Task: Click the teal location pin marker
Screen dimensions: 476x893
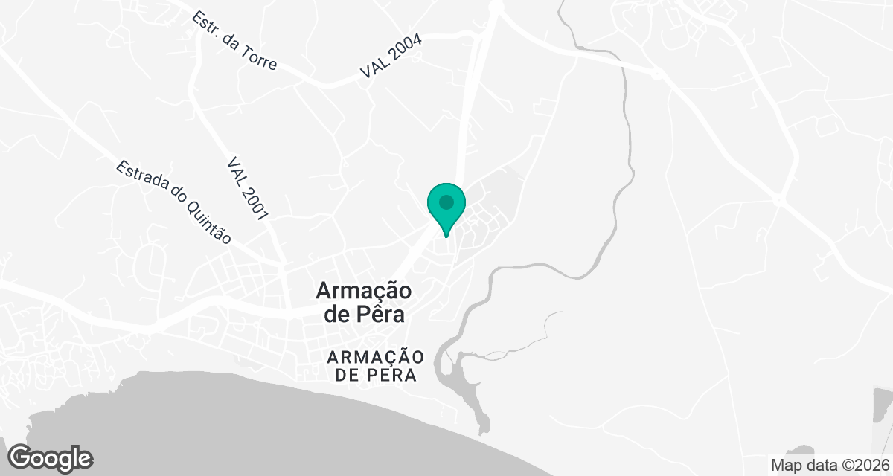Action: [x=446, y=207]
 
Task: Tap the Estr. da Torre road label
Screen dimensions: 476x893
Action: [x=234, y=41]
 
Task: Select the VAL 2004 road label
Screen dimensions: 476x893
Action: [x=391, y=56]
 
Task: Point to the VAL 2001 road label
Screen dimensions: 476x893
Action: [x=248, y=189]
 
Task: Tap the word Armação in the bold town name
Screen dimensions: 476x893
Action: [x=364, y=290]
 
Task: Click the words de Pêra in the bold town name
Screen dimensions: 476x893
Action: [x=365, y=315]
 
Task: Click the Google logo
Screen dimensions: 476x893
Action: [x=51, y=457]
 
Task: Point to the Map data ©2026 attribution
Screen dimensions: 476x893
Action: [x=829, y=466]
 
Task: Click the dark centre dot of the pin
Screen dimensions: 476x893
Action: [x=446, y=202]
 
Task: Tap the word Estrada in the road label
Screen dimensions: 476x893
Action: [x=141, y=178]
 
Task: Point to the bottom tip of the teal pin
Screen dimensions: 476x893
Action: [x=446, y=237]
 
